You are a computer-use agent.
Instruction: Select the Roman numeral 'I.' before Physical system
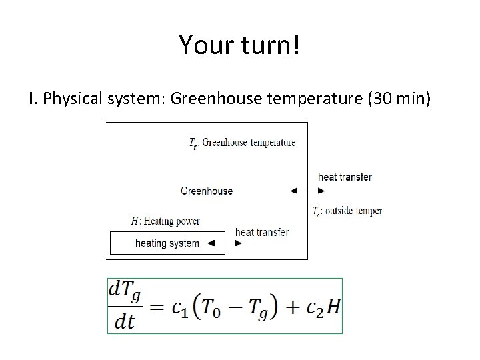point(33,100)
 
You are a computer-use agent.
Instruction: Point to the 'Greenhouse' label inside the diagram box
point(207,191)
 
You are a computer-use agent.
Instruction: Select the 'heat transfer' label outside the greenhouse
point(345,177)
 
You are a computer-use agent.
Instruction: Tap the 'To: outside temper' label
point(347,211)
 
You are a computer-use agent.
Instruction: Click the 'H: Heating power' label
point(165,221)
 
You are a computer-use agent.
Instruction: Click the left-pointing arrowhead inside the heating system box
point(211,243)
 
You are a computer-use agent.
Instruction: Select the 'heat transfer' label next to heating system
point(262,233)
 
